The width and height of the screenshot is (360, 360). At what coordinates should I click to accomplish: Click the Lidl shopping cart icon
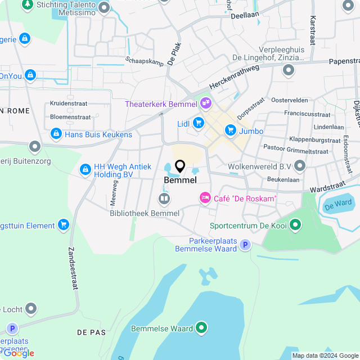[x=198, y=123]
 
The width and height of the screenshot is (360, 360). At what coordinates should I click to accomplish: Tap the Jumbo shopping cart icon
[x=230, y=130]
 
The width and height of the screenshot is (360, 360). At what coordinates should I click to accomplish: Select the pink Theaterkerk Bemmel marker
[x=206, y=103]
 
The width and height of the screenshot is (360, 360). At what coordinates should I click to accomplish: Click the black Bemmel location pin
[x=180, y=166]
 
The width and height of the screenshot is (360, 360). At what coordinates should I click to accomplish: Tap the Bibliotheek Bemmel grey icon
[x=164, y=198]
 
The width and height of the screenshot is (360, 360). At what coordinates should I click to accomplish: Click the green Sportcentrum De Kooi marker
[x=295, y=226]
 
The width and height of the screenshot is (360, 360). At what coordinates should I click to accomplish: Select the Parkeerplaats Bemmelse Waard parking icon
[x=245, y=245]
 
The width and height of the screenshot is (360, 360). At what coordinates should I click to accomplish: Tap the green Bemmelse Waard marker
[x=201, y=328]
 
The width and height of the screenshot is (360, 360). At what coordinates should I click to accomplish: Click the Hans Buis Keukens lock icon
[x=56, y=134]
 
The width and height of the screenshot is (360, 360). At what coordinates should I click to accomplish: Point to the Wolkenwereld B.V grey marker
[x=299, y=166]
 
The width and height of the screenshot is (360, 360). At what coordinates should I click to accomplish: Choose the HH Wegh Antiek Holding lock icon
[x=85, y=169]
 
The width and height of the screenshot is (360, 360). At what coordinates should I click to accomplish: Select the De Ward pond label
[x=338, y=203]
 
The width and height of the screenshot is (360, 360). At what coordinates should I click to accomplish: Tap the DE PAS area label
[x=92, y=332]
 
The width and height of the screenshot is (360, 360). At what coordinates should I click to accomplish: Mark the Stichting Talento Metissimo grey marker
[x=103, y=7]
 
